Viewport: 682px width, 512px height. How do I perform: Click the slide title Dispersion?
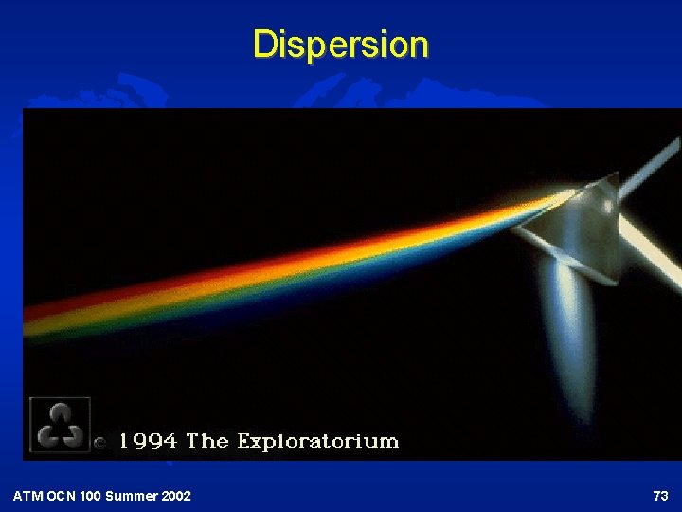coord(340,45)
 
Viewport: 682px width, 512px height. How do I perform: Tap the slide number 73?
coord(660,496)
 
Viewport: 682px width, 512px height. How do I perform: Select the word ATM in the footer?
coord(27,496)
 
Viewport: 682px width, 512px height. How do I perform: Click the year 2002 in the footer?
coord(174,496)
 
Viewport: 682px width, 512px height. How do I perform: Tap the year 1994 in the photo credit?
coord(148,441)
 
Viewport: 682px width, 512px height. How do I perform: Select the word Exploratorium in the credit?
coord(317,441)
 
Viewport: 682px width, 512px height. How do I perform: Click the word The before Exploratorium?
coord(207,441)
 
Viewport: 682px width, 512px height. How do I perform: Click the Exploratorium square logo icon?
coord(60,424)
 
